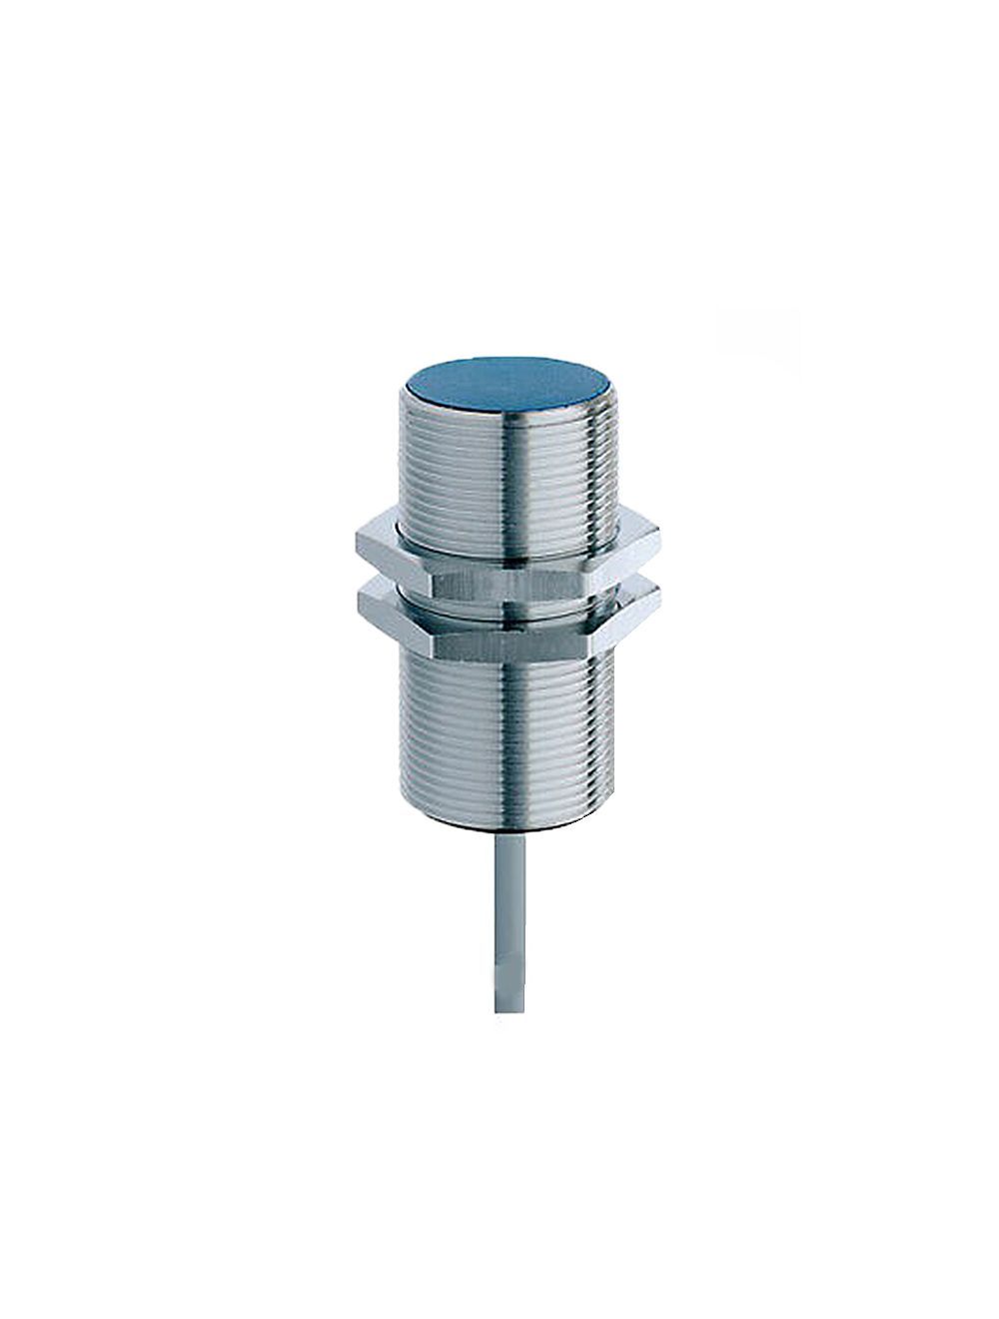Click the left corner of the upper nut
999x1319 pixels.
point(356,545)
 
